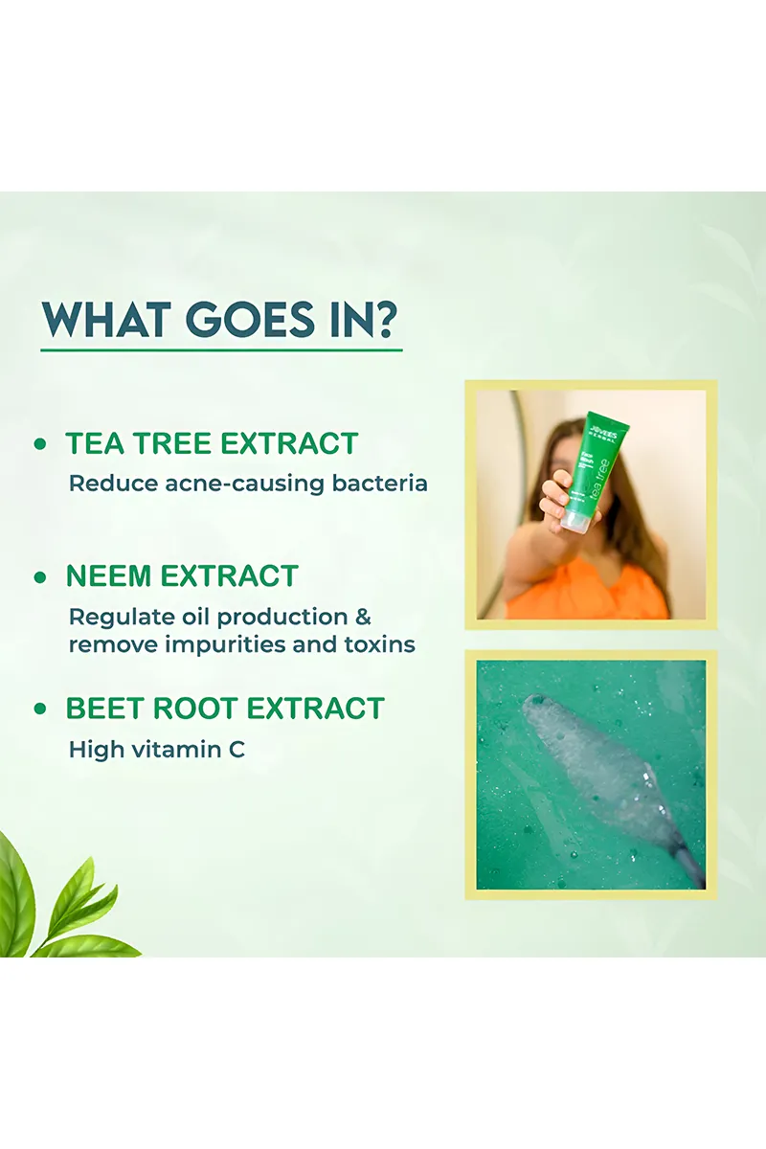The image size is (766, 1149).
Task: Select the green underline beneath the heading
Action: (x=221, y=350)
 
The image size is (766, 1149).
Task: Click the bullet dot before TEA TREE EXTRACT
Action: (x=40, y=444)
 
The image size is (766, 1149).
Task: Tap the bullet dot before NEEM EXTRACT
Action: (x=40, y=577)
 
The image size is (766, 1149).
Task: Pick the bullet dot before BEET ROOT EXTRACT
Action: (x=40, y=710)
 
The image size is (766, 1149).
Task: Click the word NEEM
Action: (x=109, y=576)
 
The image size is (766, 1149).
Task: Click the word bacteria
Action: (x=379, y=483)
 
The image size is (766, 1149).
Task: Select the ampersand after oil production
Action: (x=363, y=616)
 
